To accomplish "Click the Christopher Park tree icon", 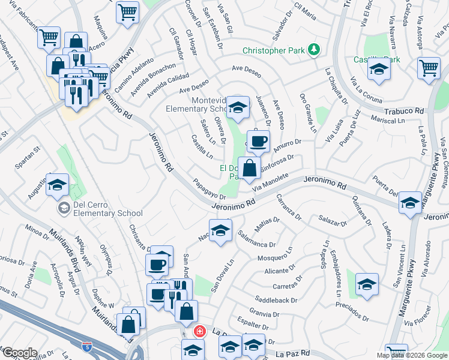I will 313,50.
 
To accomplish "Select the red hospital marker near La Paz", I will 199,331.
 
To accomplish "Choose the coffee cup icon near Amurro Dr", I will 258,142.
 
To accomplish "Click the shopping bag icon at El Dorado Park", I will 250,168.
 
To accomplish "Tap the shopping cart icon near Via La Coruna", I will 429,68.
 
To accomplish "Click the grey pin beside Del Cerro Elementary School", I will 63,208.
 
